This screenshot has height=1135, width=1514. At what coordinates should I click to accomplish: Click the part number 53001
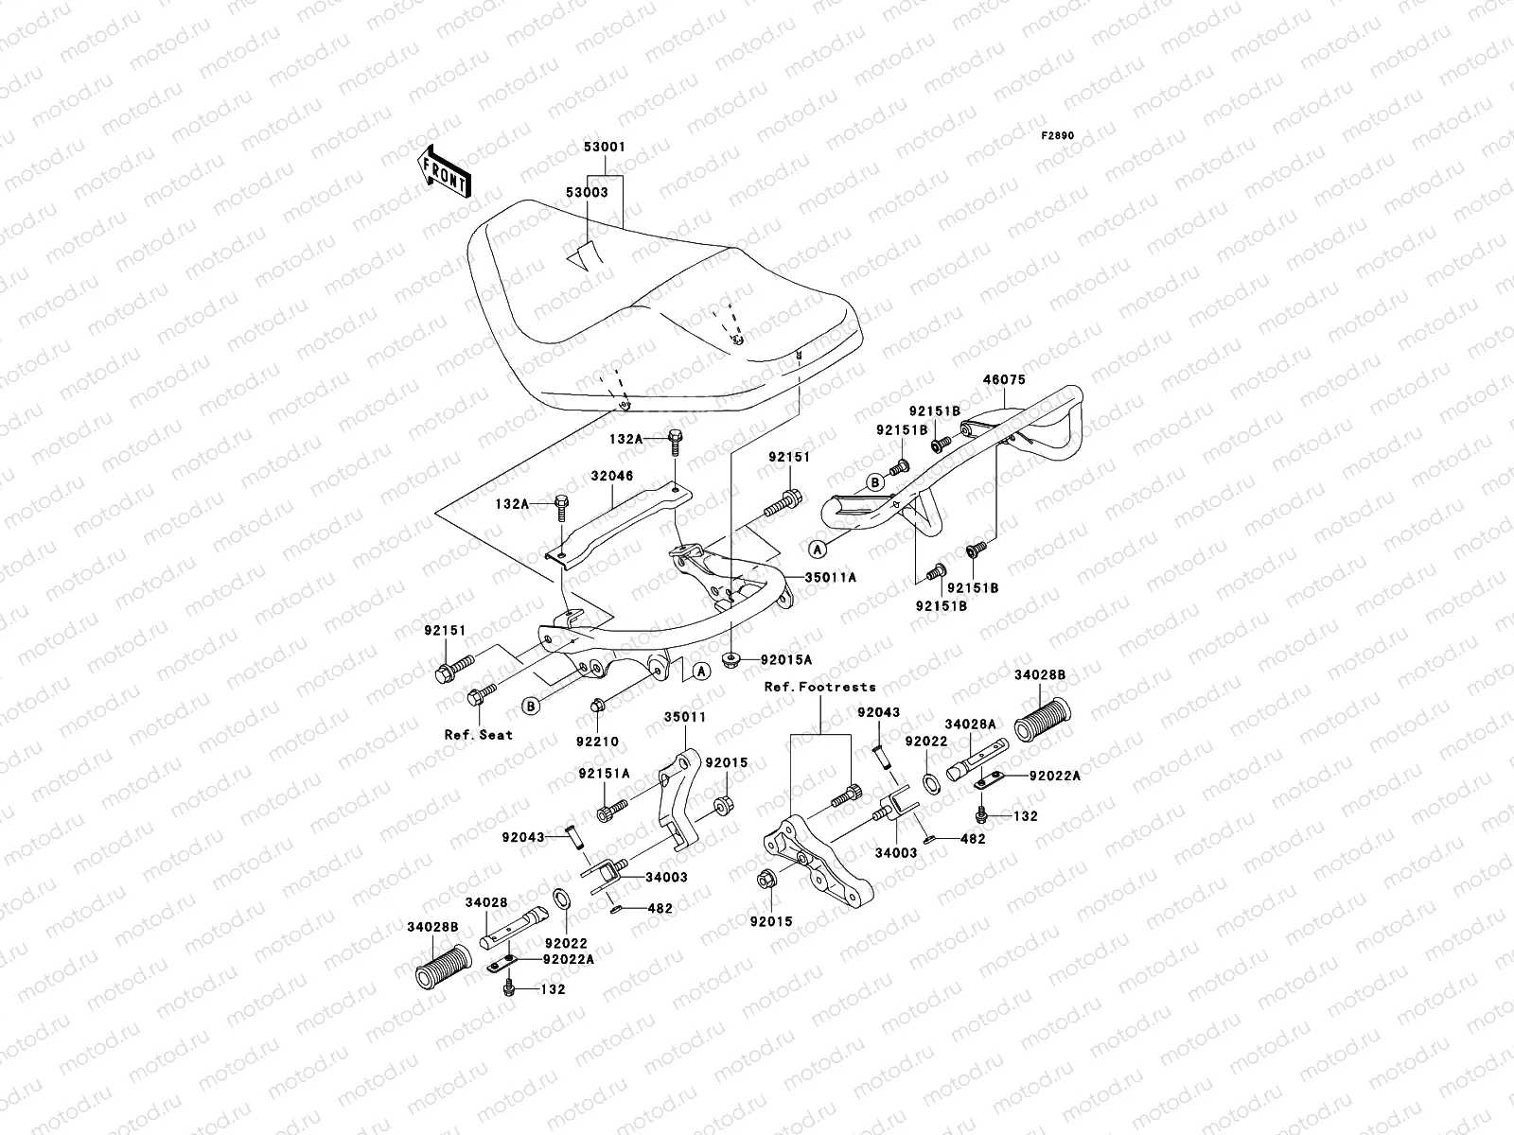point(604,148)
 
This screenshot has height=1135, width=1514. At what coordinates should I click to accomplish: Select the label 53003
point(587,191)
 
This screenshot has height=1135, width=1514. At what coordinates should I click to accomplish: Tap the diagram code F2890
point(1058,136)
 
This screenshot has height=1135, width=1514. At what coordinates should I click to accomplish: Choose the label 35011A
point(831,576)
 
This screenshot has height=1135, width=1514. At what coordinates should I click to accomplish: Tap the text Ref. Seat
point(479,734)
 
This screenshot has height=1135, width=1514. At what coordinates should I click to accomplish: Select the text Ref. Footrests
point(819,687)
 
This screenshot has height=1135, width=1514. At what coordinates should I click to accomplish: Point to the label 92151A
point(604,773)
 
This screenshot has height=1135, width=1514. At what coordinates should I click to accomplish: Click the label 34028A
point(970,724)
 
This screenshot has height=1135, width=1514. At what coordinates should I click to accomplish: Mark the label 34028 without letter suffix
point(486,902)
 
